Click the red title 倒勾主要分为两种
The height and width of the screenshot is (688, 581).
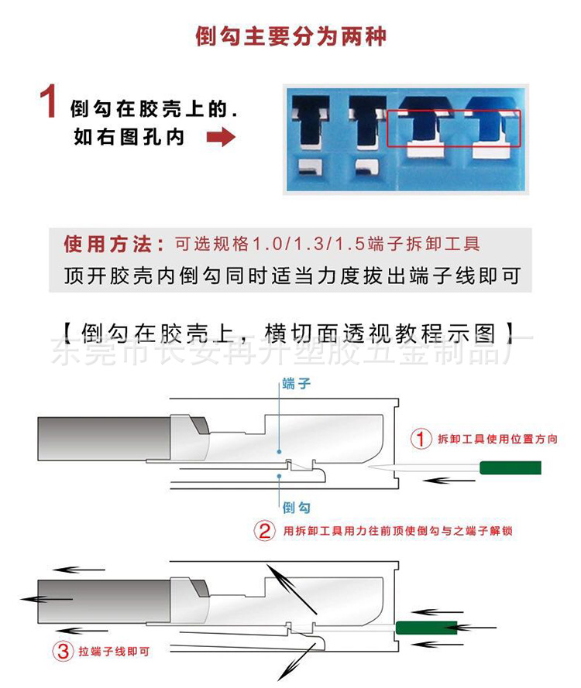pos(290,36)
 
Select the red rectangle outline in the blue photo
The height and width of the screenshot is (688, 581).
pos(454,128)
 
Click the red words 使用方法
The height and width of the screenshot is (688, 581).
pos(113,245)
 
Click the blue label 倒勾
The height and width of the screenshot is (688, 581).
pos(297,508)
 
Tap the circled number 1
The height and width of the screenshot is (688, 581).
pos(420,440)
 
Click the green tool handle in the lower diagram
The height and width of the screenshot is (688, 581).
pos(425,626)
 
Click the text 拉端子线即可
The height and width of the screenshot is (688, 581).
pos(112,652)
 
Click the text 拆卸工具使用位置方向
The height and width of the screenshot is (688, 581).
pos(497,440)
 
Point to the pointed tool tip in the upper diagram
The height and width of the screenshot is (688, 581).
pos(380,468)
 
